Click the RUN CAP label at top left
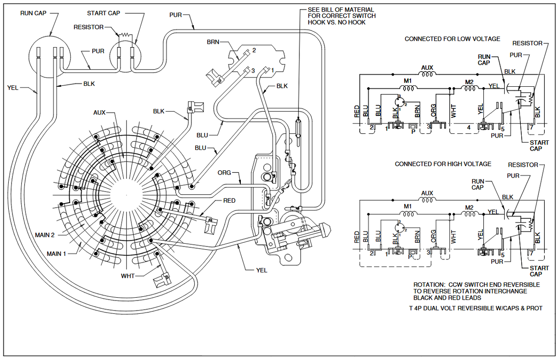click(x=33, y=13)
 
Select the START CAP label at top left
click(x=103, y=13)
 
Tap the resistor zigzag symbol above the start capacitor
click(x=125, y=34)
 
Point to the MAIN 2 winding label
click(x=45, y=235)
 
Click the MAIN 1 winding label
click(x=56, y=254)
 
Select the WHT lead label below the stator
click(x=127, y=276)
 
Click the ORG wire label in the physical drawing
click(x=225, y=173)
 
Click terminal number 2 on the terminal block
click(x=254, y=50)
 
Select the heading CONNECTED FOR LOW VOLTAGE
click(x=452, y=39)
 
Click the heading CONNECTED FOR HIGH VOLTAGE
click(x=443, y=164)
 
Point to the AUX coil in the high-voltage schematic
click(x=427, y=200)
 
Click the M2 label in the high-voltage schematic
click(x=469, y=206)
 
